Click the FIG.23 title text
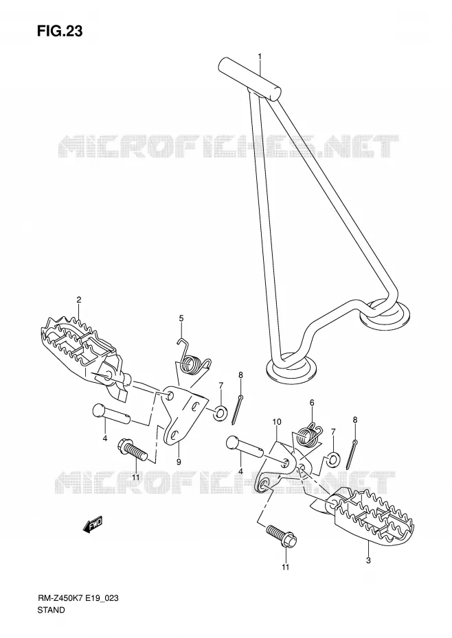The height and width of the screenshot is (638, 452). click(60, 31)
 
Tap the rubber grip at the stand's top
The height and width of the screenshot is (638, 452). click(250, 78)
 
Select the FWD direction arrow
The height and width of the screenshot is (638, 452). click(93, 524)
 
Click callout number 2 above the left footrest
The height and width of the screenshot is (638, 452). click(79, 300)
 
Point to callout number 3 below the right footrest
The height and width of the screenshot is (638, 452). click(368, 560)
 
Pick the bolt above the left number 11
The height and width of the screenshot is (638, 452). click(133, 449)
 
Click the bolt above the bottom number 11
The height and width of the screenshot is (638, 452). click(281, 536)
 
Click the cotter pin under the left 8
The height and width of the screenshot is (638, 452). click(237, 409)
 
